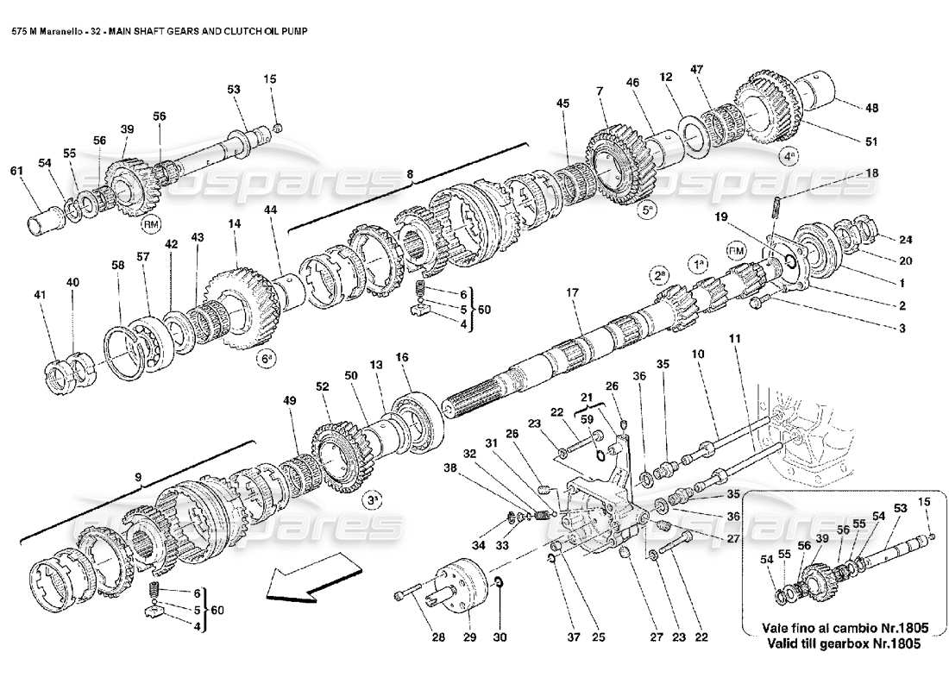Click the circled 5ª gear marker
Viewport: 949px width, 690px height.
(649, 209)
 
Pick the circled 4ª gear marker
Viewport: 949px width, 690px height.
(789, 157)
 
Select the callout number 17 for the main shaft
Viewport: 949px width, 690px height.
(571, 293)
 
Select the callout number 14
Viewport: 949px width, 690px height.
(234, 223)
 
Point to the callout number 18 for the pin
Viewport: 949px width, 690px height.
(872, 174)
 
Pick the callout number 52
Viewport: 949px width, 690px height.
(323, 388)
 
